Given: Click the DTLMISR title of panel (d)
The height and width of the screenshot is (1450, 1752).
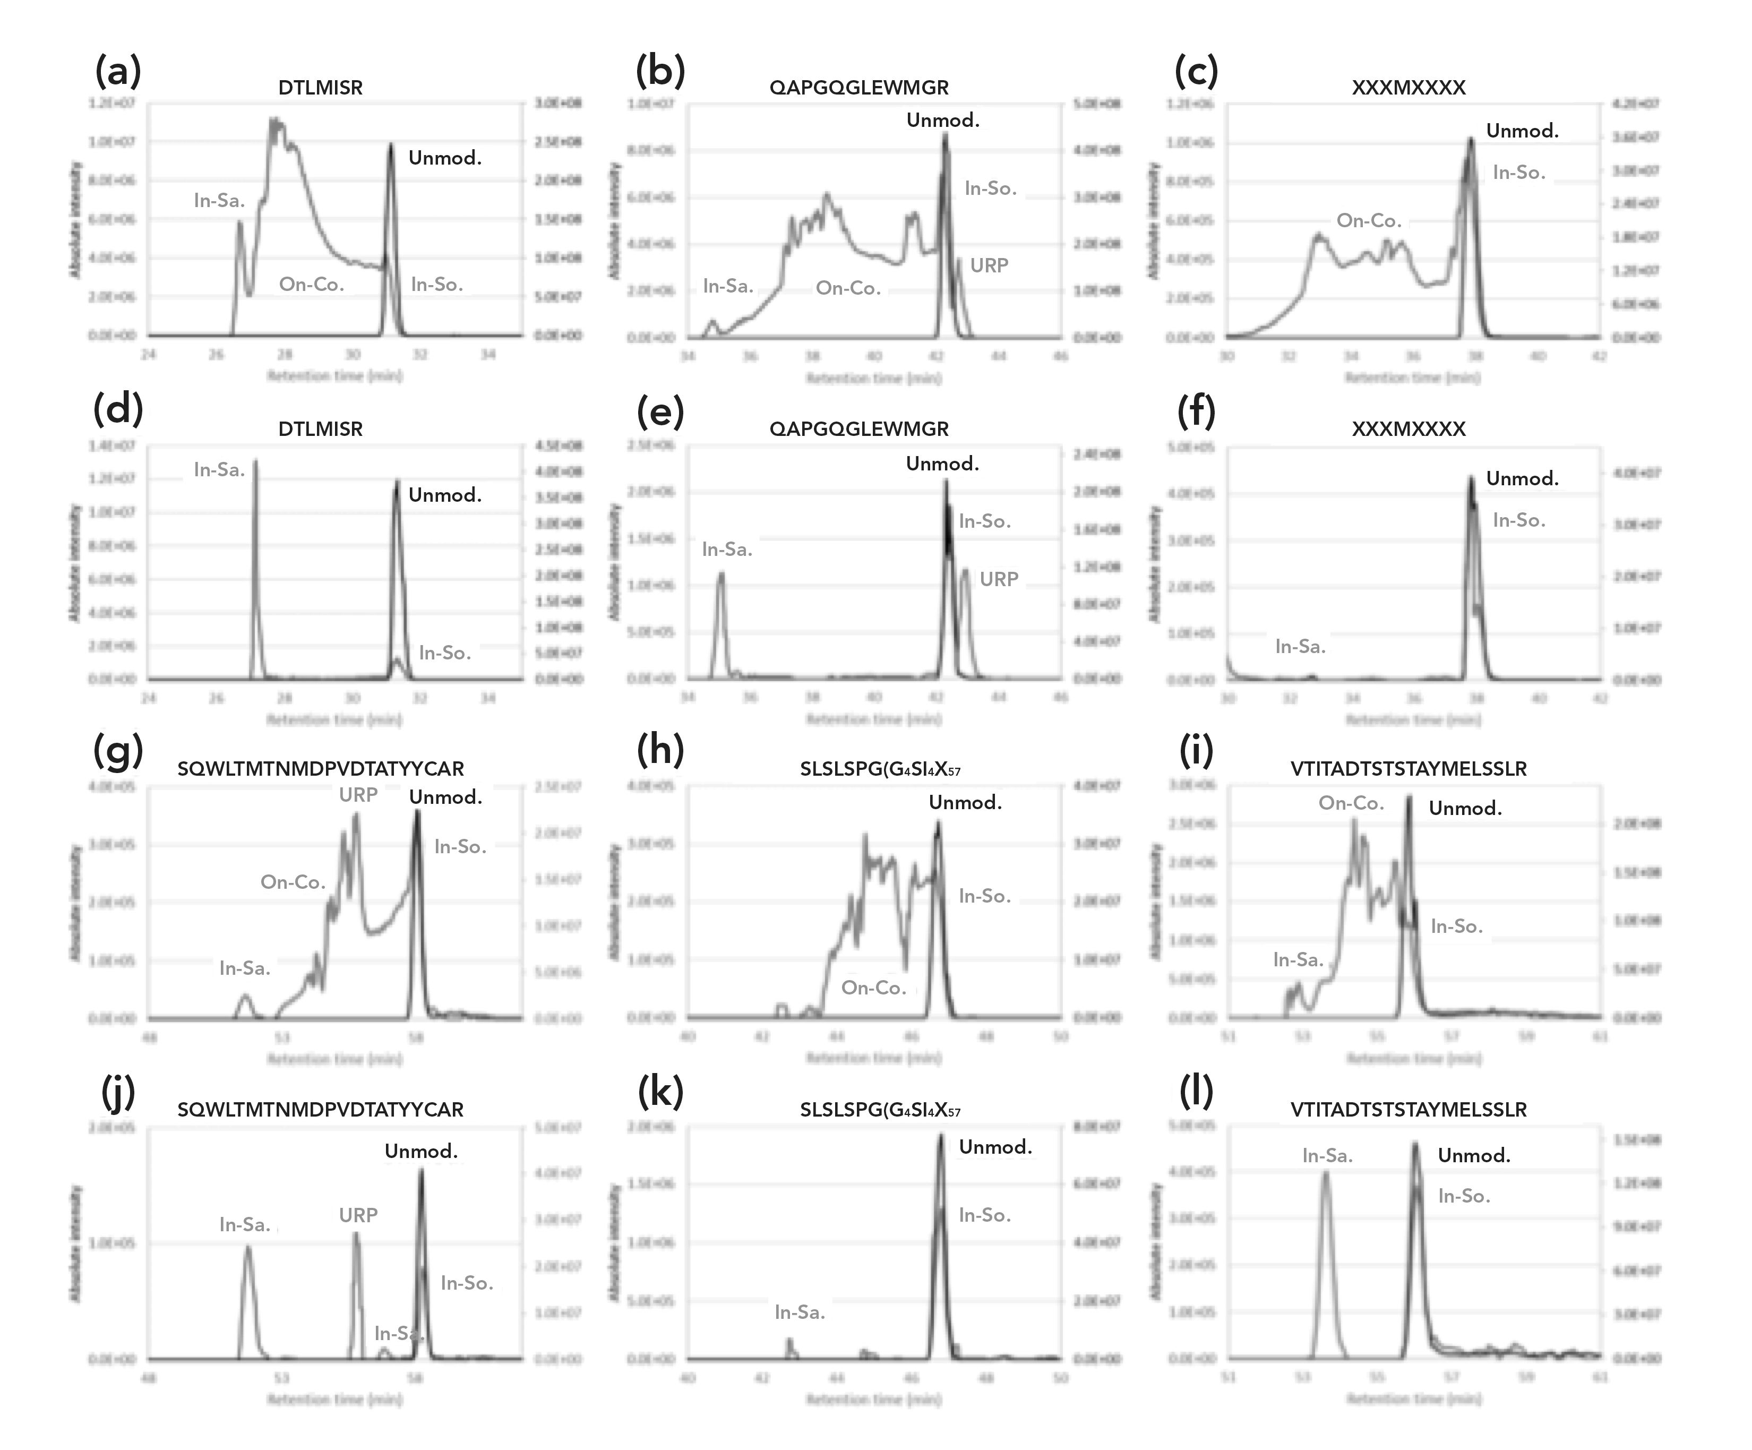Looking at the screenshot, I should (320, 429).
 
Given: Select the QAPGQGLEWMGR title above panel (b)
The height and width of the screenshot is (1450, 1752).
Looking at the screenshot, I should (858, 88).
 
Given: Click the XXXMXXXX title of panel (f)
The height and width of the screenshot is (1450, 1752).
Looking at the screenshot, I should (1409, 429).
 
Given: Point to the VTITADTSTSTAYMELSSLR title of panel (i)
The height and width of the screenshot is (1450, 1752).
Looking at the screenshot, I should (1409, 768).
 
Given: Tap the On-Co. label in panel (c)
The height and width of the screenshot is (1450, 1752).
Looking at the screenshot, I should (1368, 220).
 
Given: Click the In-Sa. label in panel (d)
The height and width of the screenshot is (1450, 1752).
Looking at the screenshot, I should (219, 470).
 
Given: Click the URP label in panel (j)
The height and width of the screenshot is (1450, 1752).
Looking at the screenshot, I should (358, 1215).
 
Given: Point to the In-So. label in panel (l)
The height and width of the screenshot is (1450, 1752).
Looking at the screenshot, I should (1463, 1196).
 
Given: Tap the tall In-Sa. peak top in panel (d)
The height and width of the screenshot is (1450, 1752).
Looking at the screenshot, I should (255, 461).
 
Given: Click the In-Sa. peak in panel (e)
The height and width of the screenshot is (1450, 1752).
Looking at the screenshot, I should (721, 574).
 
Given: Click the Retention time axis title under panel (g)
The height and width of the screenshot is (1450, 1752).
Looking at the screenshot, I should (334, 1059).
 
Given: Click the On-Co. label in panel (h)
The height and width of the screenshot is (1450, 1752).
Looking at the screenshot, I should (873, 987).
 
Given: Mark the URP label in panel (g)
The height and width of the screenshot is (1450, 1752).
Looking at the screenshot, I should (358, 794).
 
